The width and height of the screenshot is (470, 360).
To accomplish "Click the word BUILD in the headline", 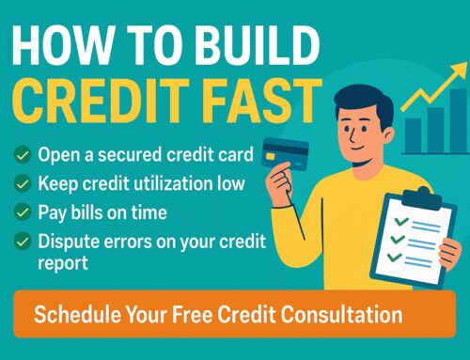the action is tap(258, 45).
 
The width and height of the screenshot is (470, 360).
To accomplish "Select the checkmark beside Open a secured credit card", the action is tap(23, 155).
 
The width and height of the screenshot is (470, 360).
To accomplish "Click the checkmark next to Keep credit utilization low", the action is tap(23, 183).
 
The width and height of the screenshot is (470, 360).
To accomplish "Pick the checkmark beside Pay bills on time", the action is tap(23, 212).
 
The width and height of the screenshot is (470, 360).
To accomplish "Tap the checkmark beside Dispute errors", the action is tap(23, 242).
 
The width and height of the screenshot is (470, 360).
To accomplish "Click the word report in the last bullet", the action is tap(63, 263).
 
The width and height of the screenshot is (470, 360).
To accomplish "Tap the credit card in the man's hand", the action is tap(285, 154).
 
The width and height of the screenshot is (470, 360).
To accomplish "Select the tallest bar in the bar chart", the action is tap(458, 120).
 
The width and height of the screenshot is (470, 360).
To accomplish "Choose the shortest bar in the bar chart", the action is tap(413, 135).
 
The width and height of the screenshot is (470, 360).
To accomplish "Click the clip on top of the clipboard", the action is tap(422, 197).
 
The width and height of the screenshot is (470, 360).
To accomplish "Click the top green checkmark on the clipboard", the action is tap(400, 221).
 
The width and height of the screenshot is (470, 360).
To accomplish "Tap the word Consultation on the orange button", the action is tap(341, 314).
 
